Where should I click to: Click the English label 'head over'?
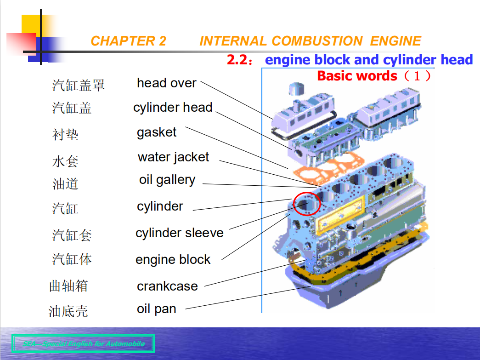pos(166,83)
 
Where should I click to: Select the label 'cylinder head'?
pos(173,108)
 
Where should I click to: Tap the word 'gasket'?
pos(157,132)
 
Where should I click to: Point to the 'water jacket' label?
pos(173,157)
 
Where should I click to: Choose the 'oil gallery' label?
pos(167,180)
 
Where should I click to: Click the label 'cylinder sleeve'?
pos(179,233)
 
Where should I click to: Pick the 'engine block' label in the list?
pos(173,260)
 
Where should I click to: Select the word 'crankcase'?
pos(167,286)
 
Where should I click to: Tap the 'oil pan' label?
pos(157,309)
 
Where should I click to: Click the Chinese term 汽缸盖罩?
pos(78,85)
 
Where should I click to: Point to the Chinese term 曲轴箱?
pos(68,286)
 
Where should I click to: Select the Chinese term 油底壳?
pos(68,312)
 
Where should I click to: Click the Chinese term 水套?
pos(65,161)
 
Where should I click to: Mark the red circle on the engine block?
pos(306,204)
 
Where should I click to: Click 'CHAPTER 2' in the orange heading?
pos(128,41)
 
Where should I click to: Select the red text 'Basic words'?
pos(357,76)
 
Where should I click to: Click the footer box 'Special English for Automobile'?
pos(83,343)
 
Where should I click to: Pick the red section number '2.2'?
pos(238,60)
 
